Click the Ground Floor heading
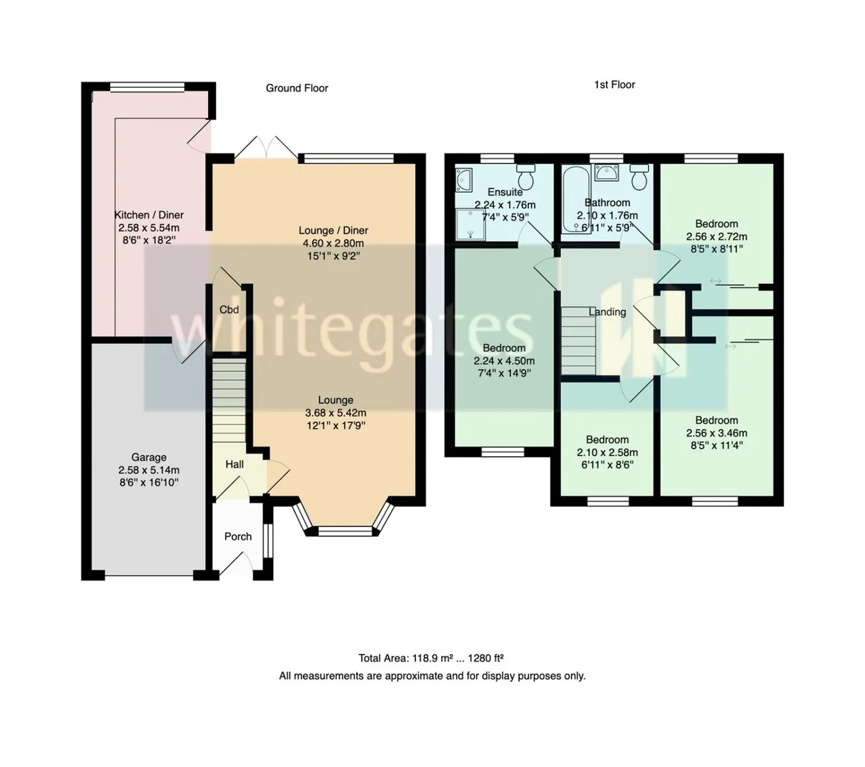(x=297, y=89)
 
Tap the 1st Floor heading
(x=614, y=84)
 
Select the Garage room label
(x=149, y=457)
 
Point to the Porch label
(x=238, y=537)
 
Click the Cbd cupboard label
(x=229, y=310)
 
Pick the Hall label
(x=234, y=464)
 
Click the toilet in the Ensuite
(x=525, y=177)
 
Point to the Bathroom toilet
(x=639, y=177)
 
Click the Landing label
(x=607, y=312)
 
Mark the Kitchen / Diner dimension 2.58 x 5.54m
(x=149, y=228)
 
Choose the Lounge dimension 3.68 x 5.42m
(x=336, y=413)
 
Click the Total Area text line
(x=431, y=658)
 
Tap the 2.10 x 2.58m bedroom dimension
(x=607, y=452)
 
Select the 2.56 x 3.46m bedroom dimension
(x=716, y=433)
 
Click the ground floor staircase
(x=229, y=401)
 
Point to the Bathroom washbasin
(x=607, y=172)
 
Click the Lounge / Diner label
(x=333, y=230)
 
